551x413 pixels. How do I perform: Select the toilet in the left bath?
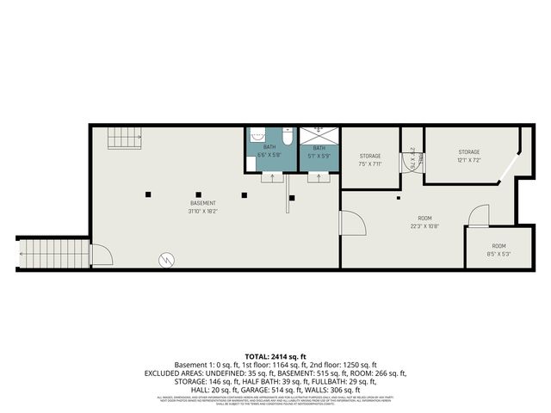[x=288, y=136]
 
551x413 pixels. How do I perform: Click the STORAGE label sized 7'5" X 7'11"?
[x=370, y=156]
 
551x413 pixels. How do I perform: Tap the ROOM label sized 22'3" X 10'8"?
[x=424, y=220]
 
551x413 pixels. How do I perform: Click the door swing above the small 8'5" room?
[x=479, y=215]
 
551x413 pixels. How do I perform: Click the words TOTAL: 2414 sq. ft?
[x=275, y=355]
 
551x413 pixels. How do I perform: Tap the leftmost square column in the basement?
[x=148, y=194]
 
